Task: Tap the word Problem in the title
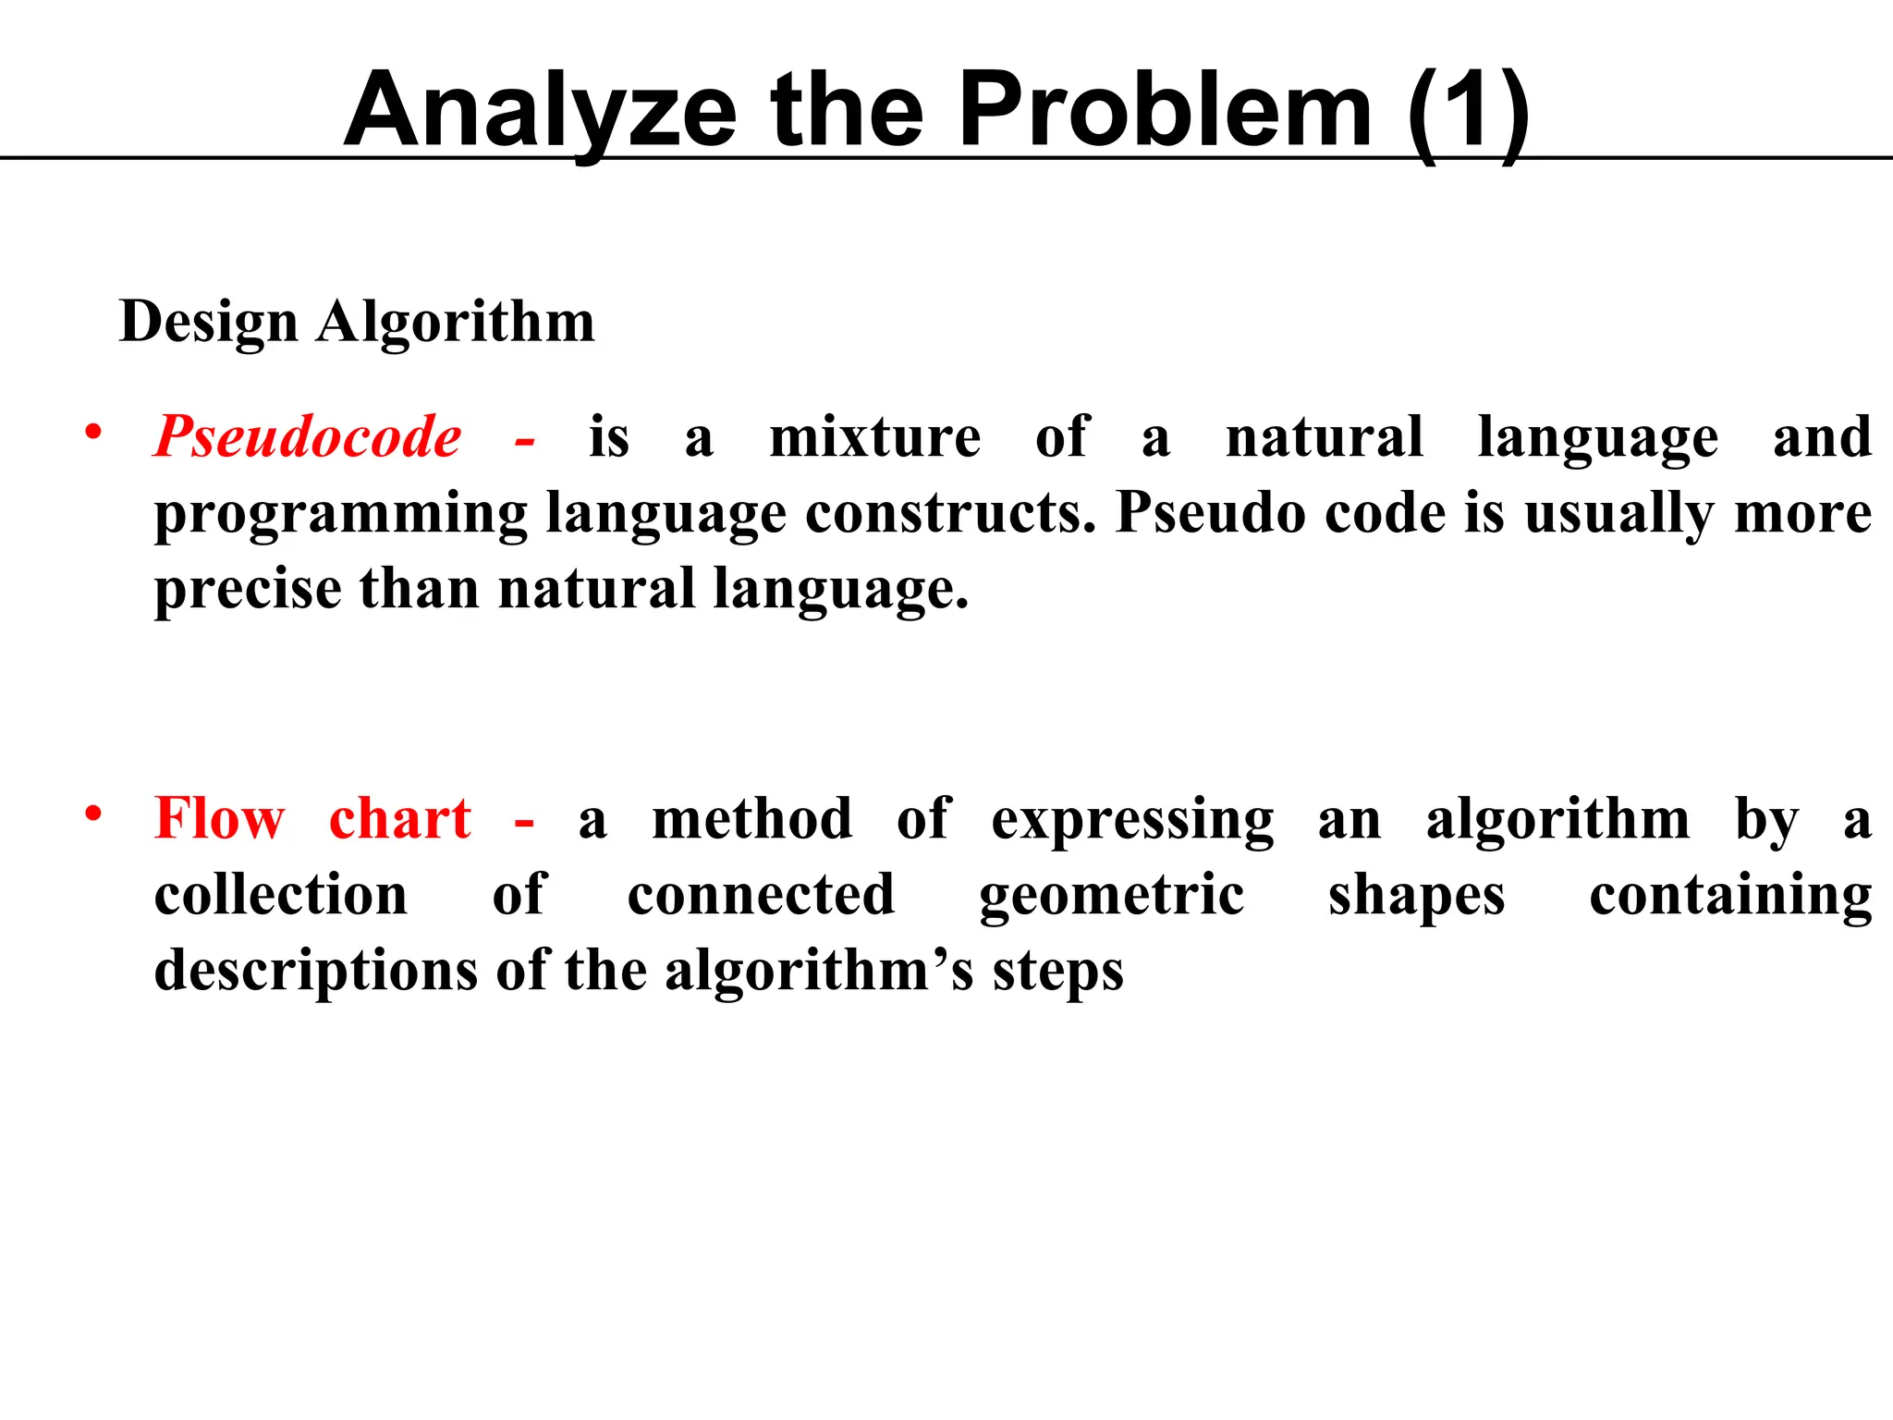[x=1165, y=111]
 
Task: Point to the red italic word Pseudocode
[x=308, y=436]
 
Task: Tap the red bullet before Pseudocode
[x=92, y=432]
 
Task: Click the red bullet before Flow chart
[x=92, y=814]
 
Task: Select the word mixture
[x=874, y=436]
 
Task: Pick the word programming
[x=340, y=514]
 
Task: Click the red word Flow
[x=220, y=819]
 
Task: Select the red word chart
[x=400, y=819]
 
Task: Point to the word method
[x=752, y=819]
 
